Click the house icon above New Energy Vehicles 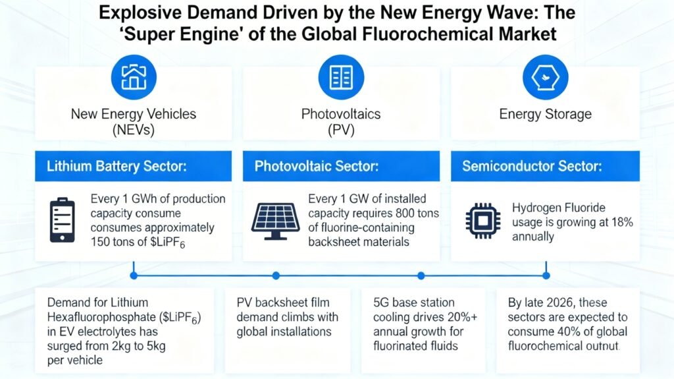coord(134,76)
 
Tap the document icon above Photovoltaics coord(340,76)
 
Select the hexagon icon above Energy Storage coord(545,76)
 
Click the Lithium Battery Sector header coord(117,166)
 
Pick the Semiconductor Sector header coord(532,166)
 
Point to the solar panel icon coord(275,220)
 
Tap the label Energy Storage coord(545,114)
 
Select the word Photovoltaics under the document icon coord(340,114)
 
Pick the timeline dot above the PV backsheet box coord(276,275)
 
